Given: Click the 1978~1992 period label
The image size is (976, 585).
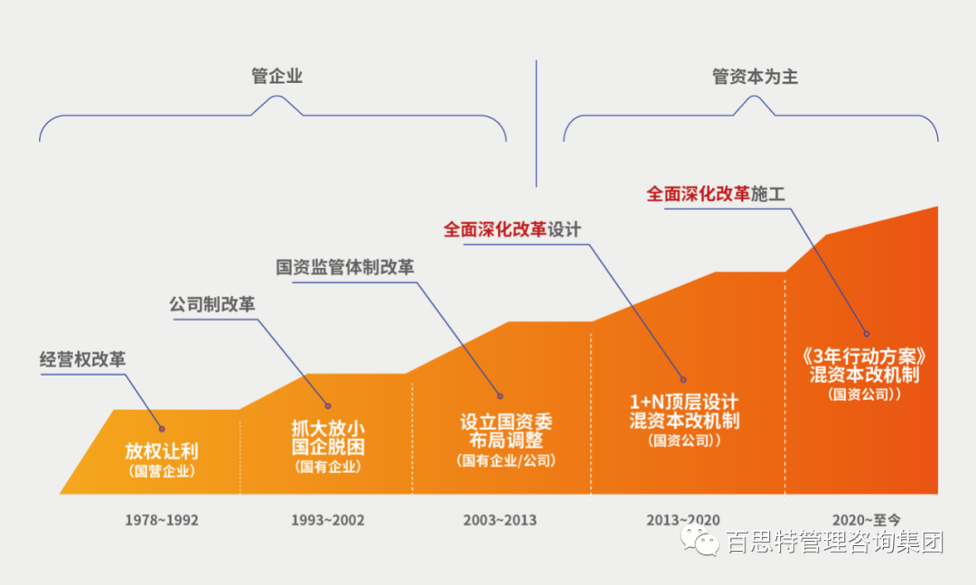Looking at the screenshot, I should (x=162, y=520).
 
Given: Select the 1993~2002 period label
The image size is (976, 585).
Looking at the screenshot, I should (x=327, y=520).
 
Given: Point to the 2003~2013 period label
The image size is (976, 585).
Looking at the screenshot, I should (x=500, y=520).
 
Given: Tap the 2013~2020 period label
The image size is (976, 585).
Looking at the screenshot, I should (x=683, y=520).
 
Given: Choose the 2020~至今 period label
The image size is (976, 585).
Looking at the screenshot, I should (x=867, y=519).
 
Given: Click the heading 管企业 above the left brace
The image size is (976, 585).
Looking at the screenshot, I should (x=277, y=77).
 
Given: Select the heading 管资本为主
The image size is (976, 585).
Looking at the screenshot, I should (x=755, y=77).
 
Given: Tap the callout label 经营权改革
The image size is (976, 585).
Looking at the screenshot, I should (x=82, y=358).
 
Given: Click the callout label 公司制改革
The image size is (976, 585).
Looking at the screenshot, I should (x=212, y=304).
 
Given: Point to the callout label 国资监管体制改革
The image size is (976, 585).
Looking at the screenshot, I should (x=345, y=267).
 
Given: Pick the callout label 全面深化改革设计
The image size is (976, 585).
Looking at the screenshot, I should (x=511, y=229).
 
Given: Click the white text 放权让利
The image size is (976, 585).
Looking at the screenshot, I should (x=162, y=450).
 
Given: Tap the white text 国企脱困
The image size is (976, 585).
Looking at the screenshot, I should (x=328, y=446).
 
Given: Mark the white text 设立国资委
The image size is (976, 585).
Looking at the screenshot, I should (x=506, y=422).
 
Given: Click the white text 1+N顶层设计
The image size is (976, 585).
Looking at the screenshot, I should (x=684, y=401).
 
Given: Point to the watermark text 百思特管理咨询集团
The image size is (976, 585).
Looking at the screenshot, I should (x=834, y=543).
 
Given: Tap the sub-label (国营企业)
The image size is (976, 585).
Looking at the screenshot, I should (x=162, y=470).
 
